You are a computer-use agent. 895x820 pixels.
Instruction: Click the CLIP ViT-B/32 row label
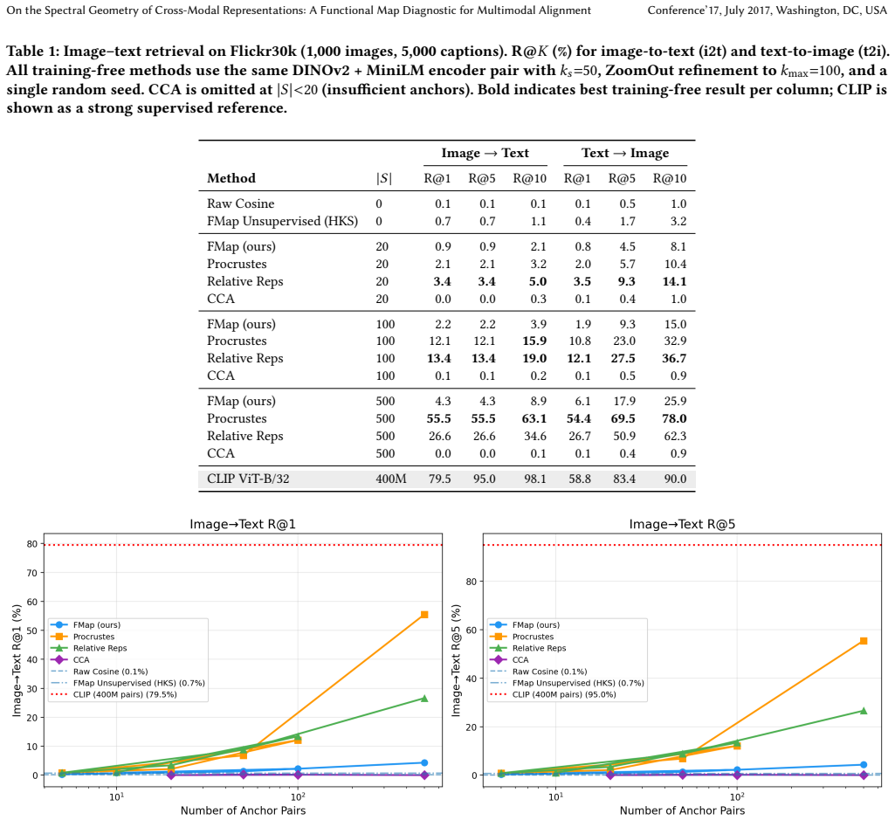248,479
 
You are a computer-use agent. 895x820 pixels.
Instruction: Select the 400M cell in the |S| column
391,479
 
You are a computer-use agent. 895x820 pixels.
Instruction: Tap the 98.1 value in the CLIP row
535,479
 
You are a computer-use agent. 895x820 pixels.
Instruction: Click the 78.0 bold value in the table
674,418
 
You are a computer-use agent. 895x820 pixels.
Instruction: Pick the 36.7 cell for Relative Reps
674,358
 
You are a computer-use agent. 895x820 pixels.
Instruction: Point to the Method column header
231,178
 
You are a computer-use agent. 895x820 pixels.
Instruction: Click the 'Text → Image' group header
625,153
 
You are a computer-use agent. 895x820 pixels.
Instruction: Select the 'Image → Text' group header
485,153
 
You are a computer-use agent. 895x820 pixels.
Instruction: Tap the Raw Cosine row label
240,203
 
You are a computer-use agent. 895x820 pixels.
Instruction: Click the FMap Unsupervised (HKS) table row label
283,222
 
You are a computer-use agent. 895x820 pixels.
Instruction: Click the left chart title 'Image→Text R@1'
243,524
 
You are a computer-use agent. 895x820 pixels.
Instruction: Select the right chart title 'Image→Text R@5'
682,524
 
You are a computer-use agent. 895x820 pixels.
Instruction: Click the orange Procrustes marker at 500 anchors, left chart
424,615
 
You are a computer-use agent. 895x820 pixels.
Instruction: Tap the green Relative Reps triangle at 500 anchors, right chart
863,711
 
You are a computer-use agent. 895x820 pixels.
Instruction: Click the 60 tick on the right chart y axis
471,630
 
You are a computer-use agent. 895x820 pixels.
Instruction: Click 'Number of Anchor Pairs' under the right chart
682,810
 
